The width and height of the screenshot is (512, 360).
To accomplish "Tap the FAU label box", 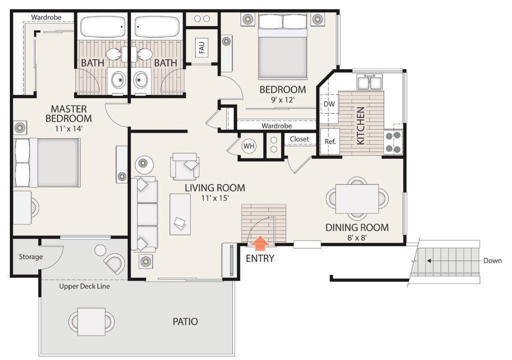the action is click(202, 47).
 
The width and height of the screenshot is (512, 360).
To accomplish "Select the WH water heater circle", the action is click(249, 146).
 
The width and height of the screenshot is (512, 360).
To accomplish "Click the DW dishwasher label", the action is click(329, 104).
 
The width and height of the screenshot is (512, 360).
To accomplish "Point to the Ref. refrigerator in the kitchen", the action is click(330, 142).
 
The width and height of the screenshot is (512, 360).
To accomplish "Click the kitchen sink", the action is click(370, 82).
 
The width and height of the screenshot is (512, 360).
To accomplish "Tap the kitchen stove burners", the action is click(393, 142).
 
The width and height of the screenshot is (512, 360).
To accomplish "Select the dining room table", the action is click(357, 199).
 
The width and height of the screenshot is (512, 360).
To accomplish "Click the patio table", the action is click(91, 321).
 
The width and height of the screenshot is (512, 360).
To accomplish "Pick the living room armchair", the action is click(185, 166).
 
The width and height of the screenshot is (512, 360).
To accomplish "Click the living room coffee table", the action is click(180, 214).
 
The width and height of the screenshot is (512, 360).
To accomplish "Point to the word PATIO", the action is click(185, 321).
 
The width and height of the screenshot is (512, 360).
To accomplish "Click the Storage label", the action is click(31, 257).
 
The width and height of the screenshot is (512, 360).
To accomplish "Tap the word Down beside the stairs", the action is click(492, 261).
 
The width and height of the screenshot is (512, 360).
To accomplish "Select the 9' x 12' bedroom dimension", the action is click(283, 100).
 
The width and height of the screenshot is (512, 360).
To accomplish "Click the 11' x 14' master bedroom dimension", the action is click(69, 128).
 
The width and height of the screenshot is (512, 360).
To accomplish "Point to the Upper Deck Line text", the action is click(84, 287).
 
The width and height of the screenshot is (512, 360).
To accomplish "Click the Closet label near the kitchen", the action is click(299, 139).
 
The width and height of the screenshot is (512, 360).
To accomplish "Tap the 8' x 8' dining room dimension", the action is click(357, 237).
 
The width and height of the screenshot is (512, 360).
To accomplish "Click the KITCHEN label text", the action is click(360, 126).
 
